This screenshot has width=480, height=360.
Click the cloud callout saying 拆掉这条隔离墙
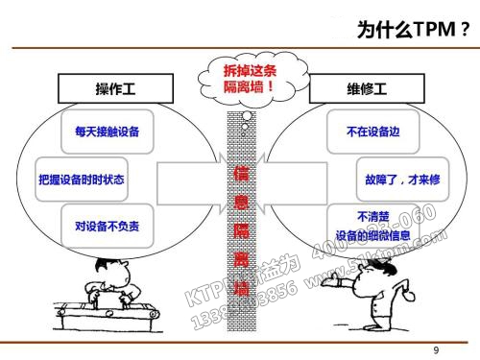(241, 76)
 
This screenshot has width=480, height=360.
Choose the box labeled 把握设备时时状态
(81, 179)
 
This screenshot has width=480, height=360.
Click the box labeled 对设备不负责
(107, 227)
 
